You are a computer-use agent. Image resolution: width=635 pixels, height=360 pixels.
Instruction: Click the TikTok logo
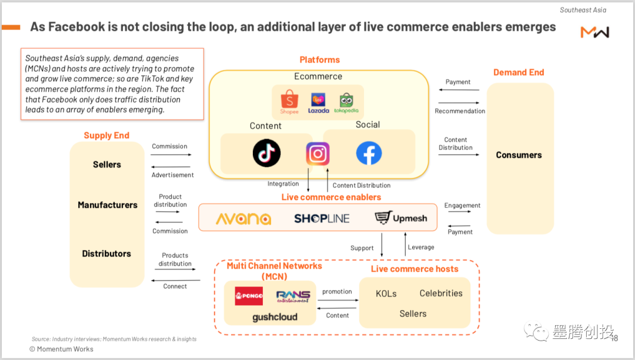266,153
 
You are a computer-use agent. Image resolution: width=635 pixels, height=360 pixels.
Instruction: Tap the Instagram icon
317,154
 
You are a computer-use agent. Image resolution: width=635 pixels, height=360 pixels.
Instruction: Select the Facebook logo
369,154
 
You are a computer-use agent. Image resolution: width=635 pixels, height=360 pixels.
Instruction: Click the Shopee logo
289,102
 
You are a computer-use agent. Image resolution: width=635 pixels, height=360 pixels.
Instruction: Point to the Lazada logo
319,102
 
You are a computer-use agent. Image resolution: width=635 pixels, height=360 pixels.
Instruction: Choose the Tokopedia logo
346,102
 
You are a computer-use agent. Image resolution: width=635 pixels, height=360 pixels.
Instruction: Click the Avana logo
243,219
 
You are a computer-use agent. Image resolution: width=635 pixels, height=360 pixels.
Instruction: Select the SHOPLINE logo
322,219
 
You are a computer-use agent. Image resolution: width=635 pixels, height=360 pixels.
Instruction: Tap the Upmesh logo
401,219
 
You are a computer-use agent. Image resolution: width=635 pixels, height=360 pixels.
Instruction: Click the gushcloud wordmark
275,317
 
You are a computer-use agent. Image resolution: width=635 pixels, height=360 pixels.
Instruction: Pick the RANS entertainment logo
293,296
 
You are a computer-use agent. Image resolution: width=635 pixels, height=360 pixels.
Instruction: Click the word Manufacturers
108,205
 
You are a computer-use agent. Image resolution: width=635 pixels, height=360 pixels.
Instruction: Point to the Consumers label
519,155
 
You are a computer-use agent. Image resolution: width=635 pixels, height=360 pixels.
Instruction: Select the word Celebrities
441,294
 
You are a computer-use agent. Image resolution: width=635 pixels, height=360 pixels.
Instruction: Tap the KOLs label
386,294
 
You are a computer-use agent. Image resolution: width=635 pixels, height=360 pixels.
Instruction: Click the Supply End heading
106,135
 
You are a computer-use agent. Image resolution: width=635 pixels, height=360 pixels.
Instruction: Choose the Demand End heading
519,72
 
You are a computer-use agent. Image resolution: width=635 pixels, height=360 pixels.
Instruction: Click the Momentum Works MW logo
594,32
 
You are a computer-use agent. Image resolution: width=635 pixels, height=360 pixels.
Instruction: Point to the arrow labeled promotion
337,300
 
